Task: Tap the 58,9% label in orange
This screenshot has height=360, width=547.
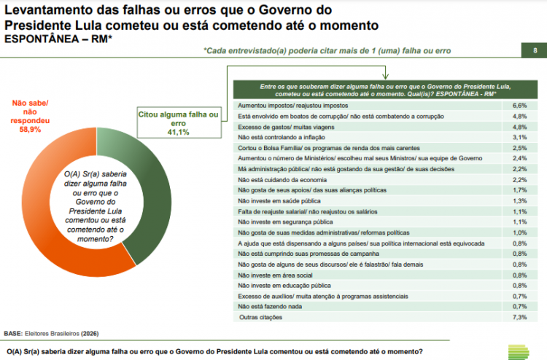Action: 30,129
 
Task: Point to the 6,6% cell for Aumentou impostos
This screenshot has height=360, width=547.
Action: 519,106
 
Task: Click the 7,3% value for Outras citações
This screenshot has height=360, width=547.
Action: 519,317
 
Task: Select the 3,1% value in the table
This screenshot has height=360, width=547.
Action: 519,137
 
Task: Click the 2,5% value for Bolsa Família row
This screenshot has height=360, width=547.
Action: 519,148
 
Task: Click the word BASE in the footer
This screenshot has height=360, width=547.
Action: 13,333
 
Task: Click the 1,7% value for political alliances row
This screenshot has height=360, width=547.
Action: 519,190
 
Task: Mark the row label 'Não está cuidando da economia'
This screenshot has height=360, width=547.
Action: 276,179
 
